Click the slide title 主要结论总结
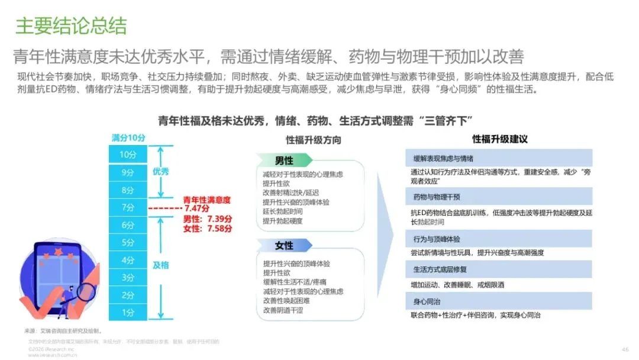(71, 26)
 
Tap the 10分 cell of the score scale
(128, 155)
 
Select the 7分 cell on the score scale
(128, 207)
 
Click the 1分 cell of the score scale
(128, 312)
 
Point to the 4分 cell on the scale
(128, 260)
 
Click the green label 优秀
(161, 172)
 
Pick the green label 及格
(161, 265)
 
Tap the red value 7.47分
(198, 209)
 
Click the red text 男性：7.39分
(208, 219)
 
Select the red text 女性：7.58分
(208, 229)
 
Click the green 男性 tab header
(283, 160)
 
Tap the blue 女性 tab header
(283, 246)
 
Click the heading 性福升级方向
(313, 140)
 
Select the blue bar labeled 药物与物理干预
(499, 197)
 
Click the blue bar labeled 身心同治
(499, 301)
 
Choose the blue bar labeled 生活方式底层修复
(499, 269)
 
